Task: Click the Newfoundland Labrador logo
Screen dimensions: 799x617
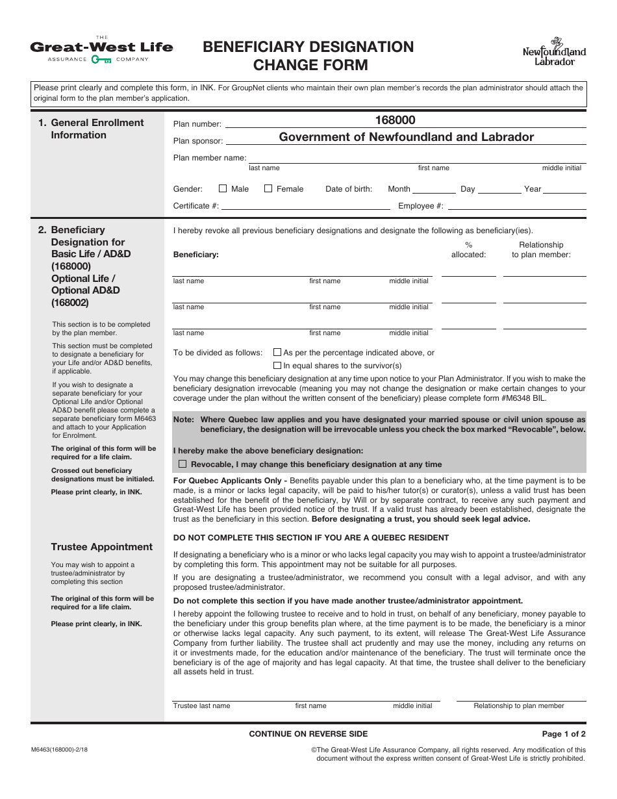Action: coord(554,52)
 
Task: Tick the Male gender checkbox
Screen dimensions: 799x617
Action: coord(223,188)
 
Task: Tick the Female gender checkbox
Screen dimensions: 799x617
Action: coord(268,188)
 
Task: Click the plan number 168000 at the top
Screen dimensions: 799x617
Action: coord(395,120)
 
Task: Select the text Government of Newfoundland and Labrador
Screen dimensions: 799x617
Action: coord(406,137)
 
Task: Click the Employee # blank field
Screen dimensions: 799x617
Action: coord(516,205)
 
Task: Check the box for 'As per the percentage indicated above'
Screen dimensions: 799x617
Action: coord(277,352)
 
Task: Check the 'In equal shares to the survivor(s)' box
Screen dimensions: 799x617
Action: coord(277,366)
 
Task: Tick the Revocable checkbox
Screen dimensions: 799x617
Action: coord(183,464)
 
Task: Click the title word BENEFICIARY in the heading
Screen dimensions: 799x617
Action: coord(257,47)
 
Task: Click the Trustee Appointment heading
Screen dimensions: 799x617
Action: coord(102,547)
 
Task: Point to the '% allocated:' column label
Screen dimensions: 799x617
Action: coord(468,250)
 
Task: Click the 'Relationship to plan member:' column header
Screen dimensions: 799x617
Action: coord(541,250)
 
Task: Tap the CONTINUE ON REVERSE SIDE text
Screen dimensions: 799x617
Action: coord(308,734)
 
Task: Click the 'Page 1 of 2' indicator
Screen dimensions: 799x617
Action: coord(564,734)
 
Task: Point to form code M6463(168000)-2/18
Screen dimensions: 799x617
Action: coord(59,749)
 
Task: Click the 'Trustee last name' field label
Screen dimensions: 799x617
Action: coord(201,705)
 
